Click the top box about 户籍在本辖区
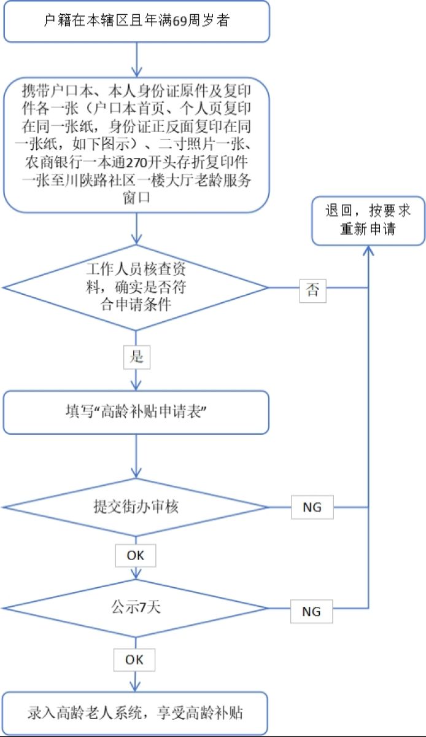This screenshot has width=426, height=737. (x=136, y=21)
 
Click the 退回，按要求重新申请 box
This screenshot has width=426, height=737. (x=368, y=220)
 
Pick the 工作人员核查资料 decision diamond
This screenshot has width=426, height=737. (x=136, y=287)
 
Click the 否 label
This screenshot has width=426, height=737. (x=313, y=291)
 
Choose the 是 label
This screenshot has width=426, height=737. (x=136, y=357)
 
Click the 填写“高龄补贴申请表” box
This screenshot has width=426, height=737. (x=136, y=411)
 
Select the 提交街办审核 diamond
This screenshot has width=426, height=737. (x=136, y=507)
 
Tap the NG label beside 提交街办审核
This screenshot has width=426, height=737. (x=312, y=508)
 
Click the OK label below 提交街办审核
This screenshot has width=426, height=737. (x=135, y=556)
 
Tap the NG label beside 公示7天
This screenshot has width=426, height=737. (x=312, y=612)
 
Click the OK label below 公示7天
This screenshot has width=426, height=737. (x=134, y=660)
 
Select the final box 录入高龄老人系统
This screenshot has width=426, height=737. (x=136, y=713)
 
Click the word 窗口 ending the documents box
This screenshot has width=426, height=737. (x=136, y=200)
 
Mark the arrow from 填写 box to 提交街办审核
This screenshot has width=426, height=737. (x=136, y=457)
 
